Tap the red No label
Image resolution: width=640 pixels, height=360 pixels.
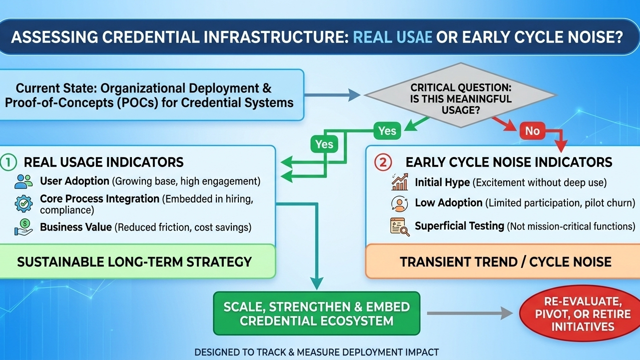point(532,131)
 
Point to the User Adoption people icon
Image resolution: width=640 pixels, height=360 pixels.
point(23,181)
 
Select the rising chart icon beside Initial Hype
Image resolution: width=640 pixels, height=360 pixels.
point(399,182)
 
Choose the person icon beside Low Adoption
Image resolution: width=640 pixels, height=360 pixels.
point(399,204)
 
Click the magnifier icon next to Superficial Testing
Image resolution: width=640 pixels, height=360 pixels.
point(400,226)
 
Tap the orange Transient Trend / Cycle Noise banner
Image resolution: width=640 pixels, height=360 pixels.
point(505,261)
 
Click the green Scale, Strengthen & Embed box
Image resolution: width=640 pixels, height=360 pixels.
point(317,313)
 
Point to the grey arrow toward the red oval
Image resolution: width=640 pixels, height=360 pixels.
point(470,313)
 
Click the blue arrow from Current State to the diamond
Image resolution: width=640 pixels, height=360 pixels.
point(332,94)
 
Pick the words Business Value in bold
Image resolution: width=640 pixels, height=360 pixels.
point(76,227)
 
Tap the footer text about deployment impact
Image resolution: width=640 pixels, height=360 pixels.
point(316,352)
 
